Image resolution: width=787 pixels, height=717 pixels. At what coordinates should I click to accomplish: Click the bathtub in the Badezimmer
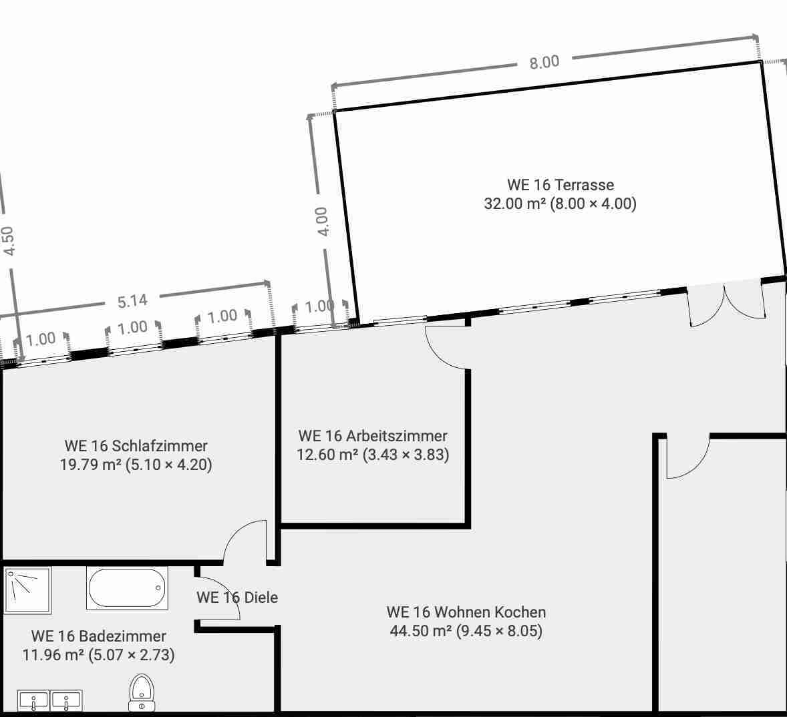[x=126, y=588]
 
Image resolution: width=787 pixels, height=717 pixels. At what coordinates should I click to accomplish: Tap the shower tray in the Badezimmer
[x=27, y=590]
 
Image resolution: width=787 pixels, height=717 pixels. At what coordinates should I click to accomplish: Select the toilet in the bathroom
[x=142, y=693]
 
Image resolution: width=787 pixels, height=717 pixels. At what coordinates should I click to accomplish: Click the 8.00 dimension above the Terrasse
[x=544, y=61]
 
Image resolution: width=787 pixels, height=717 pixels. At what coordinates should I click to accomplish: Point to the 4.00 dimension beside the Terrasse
[x=322, y=221]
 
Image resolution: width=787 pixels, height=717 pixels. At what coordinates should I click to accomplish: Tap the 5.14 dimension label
[x=132, y=301]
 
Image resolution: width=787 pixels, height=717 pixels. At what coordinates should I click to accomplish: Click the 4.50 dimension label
[x=8, y=241]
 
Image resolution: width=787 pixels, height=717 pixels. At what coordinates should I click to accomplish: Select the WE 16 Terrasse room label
[x=561, y=184]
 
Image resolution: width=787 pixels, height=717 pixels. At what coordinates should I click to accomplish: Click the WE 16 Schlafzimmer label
[x=136, y=446]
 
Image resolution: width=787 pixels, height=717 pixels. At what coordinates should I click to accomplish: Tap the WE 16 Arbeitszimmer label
[x=373, y=436]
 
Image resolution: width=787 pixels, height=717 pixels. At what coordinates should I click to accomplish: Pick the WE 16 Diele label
[x=237, y=597]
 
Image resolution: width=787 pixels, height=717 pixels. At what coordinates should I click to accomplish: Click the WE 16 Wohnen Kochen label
[x=466, y=612]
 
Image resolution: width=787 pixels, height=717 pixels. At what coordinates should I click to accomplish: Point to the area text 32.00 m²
[x=514, y=204]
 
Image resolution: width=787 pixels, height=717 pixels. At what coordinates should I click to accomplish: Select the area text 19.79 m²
[x=90, y=465]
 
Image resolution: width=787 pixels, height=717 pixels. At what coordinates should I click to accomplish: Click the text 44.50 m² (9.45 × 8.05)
[x=466, y=631]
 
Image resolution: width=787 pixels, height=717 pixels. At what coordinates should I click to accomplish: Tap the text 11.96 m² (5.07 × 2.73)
[x=99, y=655]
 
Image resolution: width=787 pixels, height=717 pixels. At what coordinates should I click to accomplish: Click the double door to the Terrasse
[x=726, y=303]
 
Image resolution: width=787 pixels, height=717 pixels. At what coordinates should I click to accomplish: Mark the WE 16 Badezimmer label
[x=99, y=636]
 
